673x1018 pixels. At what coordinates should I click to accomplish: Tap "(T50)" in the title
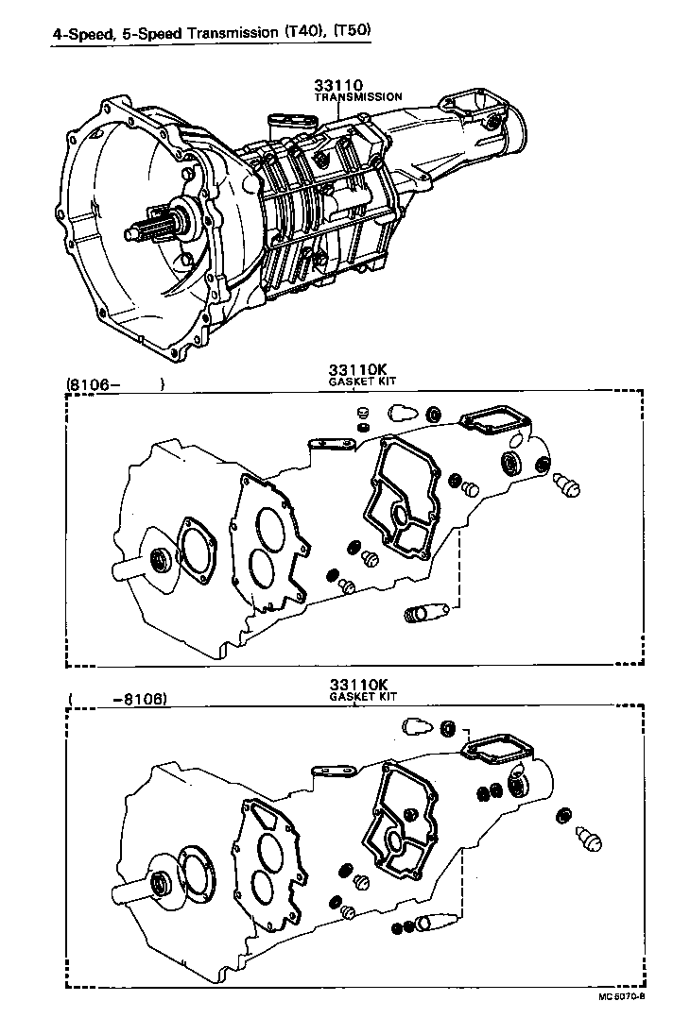coord(351,32)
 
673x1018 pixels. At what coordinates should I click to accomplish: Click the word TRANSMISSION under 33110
coord(358,97)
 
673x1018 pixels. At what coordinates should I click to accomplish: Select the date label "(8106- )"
coord(115,385)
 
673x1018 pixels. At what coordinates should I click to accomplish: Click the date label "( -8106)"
coord(117,701)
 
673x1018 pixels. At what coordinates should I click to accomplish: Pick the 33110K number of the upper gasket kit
coord(359,369)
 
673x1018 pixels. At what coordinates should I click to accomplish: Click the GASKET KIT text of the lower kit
coord(363,696)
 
